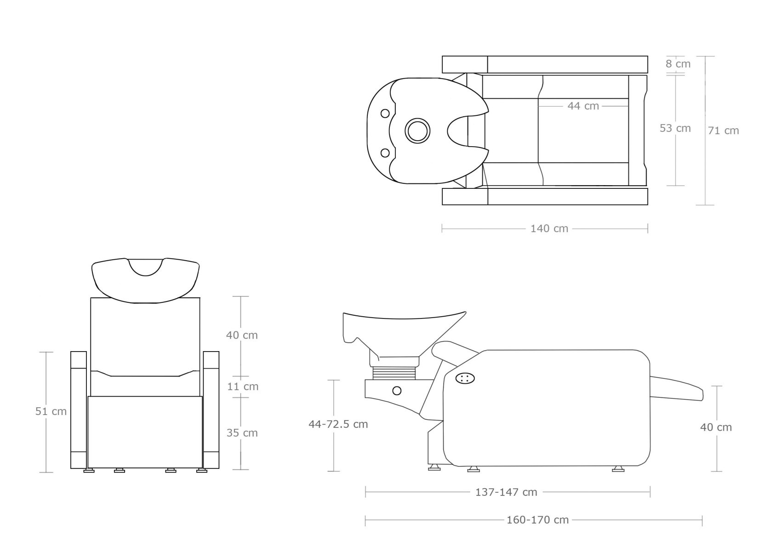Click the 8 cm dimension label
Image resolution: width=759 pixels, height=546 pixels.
pyautogui.click(x=678, y=64)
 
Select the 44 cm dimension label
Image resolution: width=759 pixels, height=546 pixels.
pyautogui.click(x=583, y=106)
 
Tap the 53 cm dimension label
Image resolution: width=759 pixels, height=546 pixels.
pyautogui.click(x=675, y=128)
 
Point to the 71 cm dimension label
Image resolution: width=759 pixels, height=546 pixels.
pyautogui.click(x=724, y=131)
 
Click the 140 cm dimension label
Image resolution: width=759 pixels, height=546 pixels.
pyautogui.click(x=549, y=228)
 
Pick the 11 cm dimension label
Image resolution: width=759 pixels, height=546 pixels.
pyautogui.click(x=243, y=387)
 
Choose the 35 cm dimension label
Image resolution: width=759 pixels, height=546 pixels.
pyautogui.click(x=242, y=433)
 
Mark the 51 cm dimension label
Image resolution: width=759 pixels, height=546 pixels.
pyautogui.click(x=51, y=411)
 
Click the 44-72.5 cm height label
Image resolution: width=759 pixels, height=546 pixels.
pyautogui.click(x=338, y=424)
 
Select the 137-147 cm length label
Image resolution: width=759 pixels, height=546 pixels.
pyautogui.click(x=506, y=492)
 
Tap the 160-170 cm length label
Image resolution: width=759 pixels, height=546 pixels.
pyautogui.click(x=538, y=520)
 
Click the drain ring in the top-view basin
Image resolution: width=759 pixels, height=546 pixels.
pyautogui.click(x=417, y=131)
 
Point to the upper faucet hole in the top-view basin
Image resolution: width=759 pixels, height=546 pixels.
pyautogui.click(x=385, y=113)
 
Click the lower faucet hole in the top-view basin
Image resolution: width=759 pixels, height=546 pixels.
pyautogui.click(x=385, y=153)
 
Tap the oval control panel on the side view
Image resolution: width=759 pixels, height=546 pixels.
pyautogui.click(x=465, y=378)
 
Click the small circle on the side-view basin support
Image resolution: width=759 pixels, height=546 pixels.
pyautogui.click(x=397, y=391)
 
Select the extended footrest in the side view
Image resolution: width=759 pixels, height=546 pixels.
pyautogui.click(x=676, y=388)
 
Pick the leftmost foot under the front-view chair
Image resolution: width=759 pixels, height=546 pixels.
pyautogui.click(x=89, y=470)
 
